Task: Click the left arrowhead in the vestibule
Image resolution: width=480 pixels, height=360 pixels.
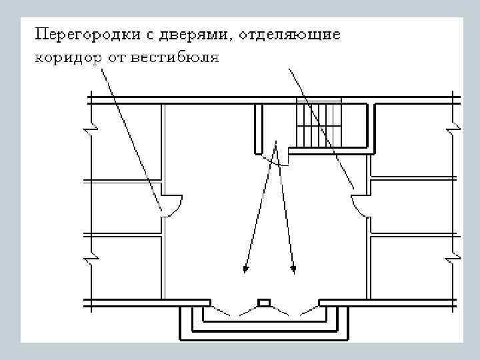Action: [x=245, y=269]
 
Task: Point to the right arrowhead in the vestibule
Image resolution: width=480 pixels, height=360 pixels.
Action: [x=293, y=269]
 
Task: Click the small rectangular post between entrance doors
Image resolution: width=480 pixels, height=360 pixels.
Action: [x=264, y=302]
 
